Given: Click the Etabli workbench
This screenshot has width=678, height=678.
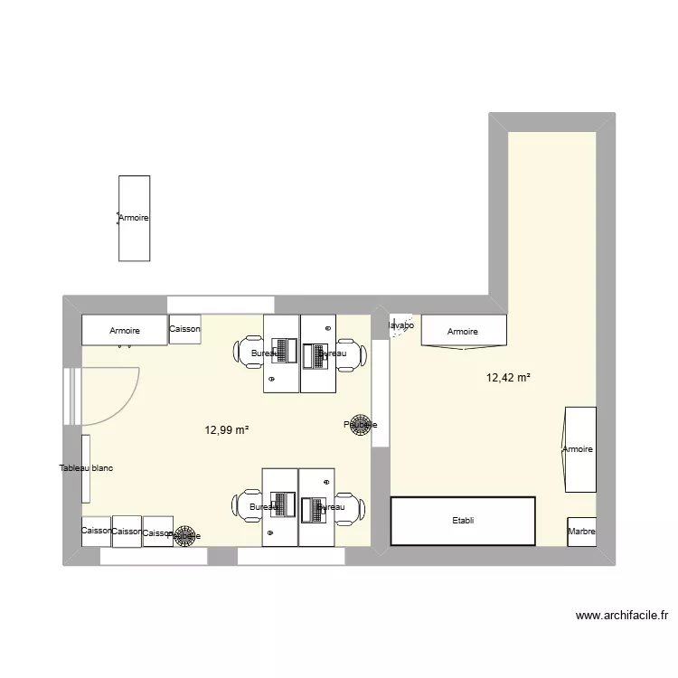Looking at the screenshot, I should click(x=463, y=521).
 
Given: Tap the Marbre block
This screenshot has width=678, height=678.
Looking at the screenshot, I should click(x=581, y=532).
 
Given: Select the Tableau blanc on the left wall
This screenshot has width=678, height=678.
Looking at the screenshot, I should click(x=86, y=468).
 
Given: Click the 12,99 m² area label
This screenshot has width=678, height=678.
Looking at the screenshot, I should click(x=227, y=431).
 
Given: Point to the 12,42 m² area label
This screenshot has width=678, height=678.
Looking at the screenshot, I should click(x=508, y=378).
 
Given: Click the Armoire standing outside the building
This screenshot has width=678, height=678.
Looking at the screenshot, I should click(x=134, y=218).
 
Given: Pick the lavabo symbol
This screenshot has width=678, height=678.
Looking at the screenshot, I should click(x=399, y=326).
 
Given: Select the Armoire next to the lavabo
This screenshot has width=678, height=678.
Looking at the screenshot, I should click(x=463, y=331).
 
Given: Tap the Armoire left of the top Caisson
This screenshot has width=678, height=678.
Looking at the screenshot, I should click(x=125, y=330).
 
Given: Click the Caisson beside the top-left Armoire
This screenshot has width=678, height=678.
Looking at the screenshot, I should click(x=184, y=328).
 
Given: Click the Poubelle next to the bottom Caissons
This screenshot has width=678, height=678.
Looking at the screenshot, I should click(x=186, y=535).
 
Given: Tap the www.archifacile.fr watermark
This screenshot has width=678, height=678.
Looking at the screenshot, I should click(x=623, y=617).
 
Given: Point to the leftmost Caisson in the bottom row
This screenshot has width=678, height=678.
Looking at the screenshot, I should click(x=95, y=531).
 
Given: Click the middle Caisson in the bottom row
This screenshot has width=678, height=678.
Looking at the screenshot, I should click(x=127, y=532).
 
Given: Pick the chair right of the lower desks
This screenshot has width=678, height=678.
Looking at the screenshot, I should click(x=348, y=507).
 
